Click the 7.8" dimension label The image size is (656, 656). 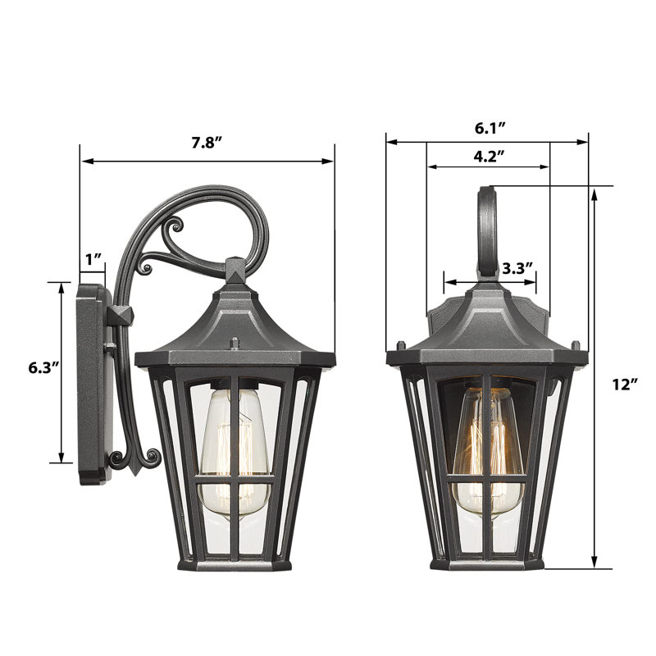pyautogui.click(x=207, y=143)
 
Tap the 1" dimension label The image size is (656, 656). pyautogui.click(x=93, y=259)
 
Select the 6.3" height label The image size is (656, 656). pyautogui.click(x=43, y=367)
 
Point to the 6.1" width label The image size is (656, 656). pyautogui.click(x=490, y=128)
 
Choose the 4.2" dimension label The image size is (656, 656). pyautogui.click(x=488, y=156)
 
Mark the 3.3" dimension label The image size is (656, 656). pyautogui.click(x=517, y=268)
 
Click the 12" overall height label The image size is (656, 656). pyautogui.click(x=625, y=384)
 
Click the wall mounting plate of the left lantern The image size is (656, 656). pyautogui.click(x=93, y=384)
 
